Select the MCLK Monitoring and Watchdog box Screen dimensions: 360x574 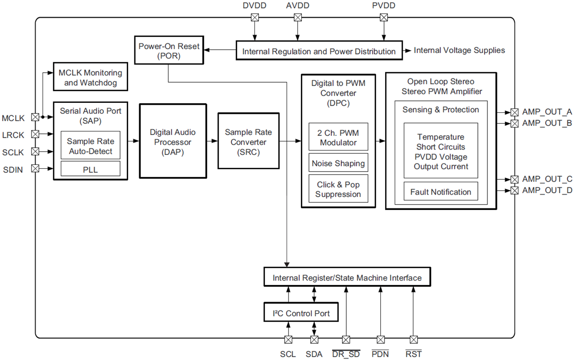click(90, 77)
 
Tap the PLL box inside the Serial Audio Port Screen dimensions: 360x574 click(90, 169)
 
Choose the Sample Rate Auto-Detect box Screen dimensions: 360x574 click(90, 146)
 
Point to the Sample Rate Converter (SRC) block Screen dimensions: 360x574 click(248, 142)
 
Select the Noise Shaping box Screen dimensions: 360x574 click(338, 164)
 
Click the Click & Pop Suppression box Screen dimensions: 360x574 click(338, 189)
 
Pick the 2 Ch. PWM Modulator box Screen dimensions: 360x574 click(338, 137)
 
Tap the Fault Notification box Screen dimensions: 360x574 click(441, 192)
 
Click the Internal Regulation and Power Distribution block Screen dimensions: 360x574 click(319, 51)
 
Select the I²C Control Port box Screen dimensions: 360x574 click(301, 314)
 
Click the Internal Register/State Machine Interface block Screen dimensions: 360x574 click(347, 278)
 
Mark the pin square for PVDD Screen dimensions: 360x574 click(384, 18)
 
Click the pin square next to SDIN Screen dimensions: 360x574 click(35, 168)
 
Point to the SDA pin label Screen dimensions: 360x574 click(314, 354)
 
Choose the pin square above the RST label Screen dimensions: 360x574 click(414, 339)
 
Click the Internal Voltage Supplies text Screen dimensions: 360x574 click(459, 50)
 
